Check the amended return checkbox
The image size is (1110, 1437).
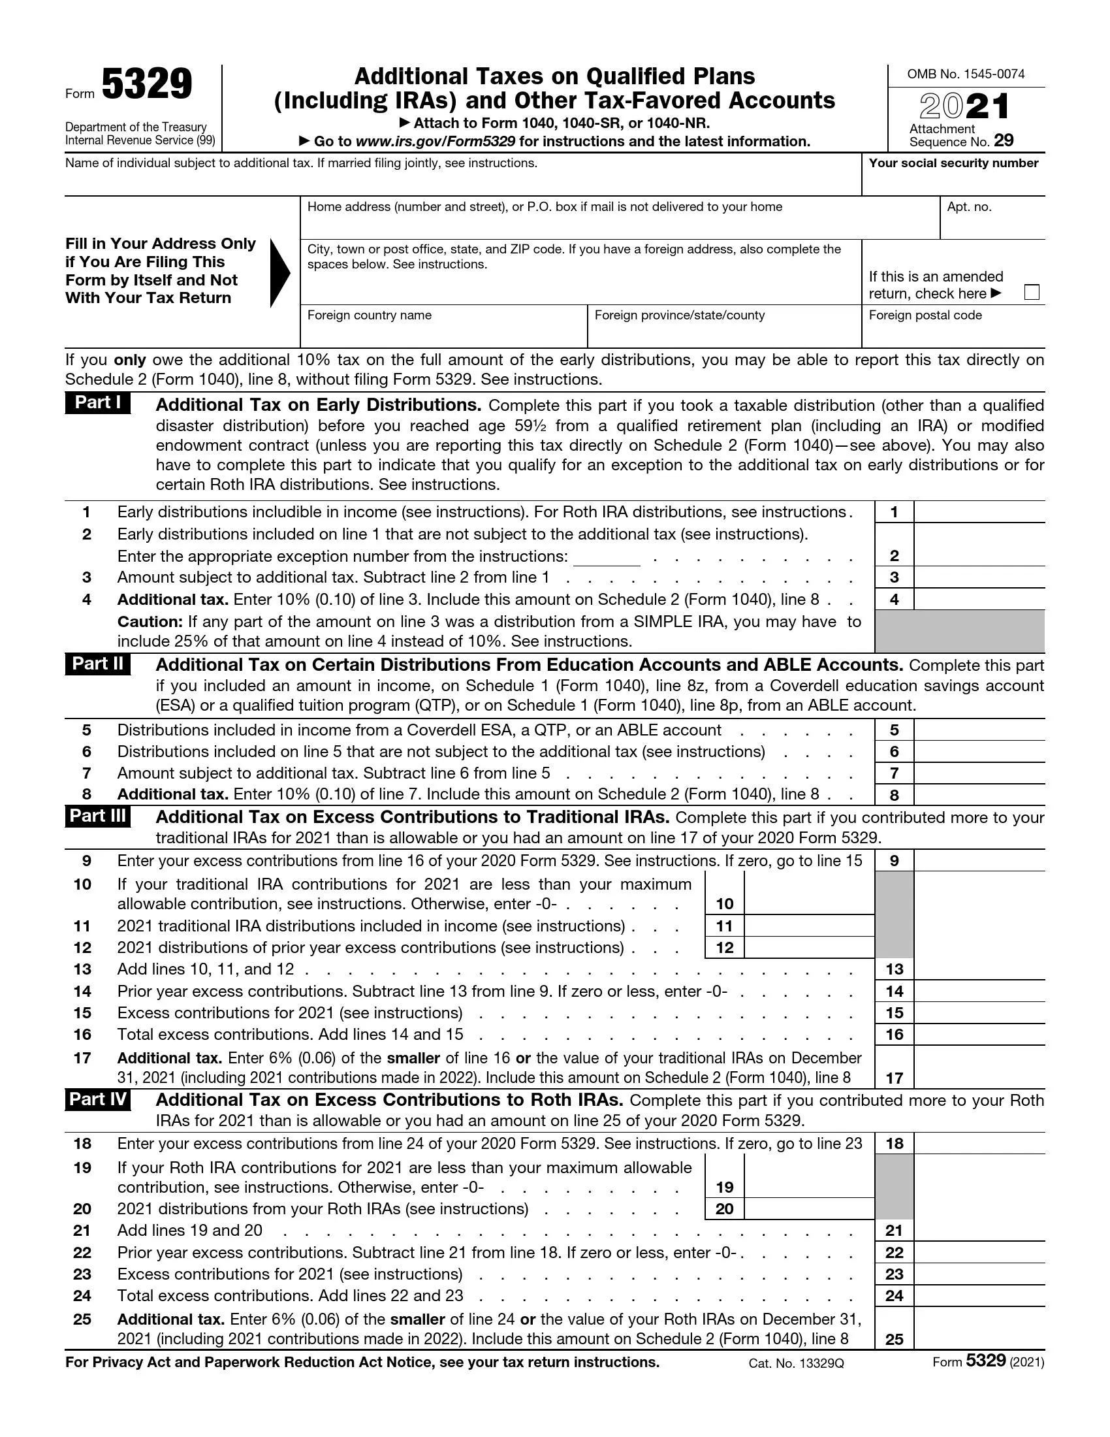tap(1032, 292)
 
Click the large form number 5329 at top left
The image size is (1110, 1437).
tap(147, 85)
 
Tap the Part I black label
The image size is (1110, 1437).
tap(97, 402)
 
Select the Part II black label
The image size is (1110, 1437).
tap(97, 664)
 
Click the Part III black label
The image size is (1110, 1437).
tap(97, 816)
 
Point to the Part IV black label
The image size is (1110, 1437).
tap(97, 1099)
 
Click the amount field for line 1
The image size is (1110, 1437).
tap(979, 512)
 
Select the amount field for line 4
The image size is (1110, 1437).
tap(979, 600)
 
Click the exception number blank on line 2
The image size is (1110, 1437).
tap(607, 557)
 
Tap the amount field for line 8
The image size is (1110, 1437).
tap(979, 795)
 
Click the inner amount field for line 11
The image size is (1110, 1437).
tap(808, 926)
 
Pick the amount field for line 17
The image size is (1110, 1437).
tap(979, 1069)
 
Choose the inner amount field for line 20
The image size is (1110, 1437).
tap(808, 1208)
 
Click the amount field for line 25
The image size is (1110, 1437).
tap(979, 1330)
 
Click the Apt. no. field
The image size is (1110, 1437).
tap(992, 223)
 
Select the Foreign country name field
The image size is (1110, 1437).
tap(443, 332)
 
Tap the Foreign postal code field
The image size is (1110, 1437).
tap(952, 332)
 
